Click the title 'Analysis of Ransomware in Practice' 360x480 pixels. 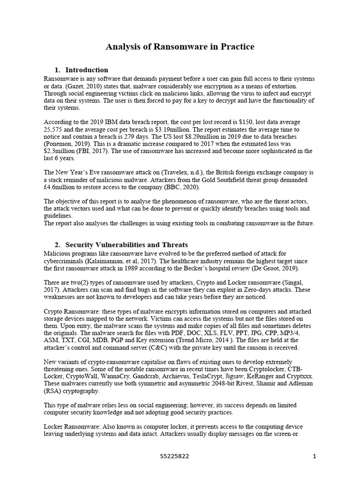[180, 46]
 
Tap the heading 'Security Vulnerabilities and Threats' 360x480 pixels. [127, 245]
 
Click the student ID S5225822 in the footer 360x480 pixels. [174, 456]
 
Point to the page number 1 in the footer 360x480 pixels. [315, 456]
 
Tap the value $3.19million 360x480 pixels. [177, 129]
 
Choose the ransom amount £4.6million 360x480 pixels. [60, 187]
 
